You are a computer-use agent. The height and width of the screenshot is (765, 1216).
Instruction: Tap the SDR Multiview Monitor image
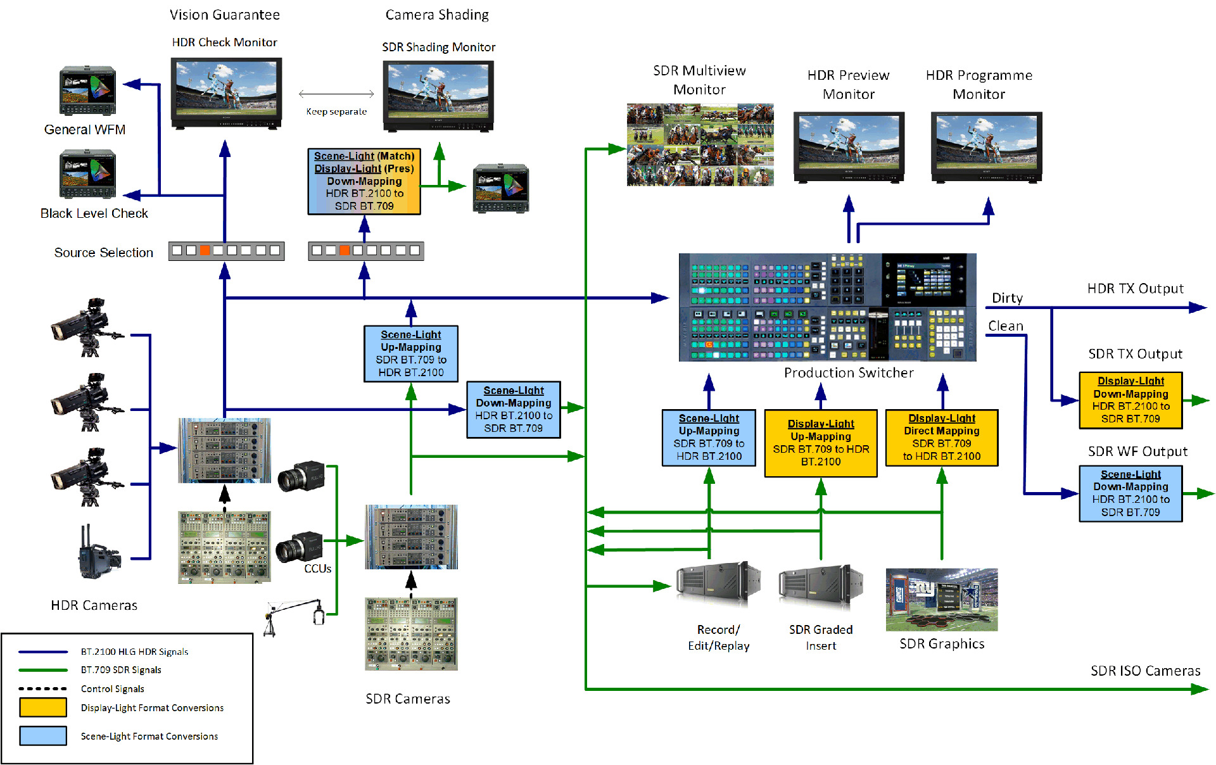700,145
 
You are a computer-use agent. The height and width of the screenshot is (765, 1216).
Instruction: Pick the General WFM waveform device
87,91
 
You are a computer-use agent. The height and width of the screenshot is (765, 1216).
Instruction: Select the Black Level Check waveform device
87,174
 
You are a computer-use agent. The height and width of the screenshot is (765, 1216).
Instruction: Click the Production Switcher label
849,373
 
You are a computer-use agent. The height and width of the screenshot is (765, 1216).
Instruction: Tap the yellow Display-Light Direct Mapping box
942,438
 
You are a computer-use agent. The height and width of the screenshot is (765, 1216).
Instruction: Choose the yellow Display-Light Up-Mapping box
821,443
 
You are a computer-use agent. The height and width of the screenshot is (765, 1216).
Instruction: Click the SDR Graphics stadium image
942,599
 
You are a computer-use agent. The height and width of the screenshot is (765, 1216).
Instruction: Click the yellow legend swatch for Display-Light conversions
43,707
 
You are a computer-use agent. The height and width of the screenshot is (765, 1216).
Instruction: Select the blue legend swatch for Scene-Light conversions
43,736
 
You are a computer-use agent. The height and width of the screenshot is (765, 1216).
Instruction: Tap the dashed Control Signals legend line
43,688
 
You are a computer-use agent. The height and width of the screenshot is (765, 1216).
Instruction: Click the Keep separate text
336,111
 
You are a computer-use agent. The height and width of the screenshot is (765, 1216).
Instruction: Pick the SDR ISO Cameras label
1145,671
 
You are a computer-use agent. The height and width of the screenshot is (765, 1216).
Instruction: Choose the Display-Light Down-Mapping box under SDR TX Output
1130,400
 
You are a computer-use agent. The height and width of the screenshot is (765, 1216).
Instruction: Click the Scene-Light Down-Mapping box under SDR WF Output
1130,493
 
